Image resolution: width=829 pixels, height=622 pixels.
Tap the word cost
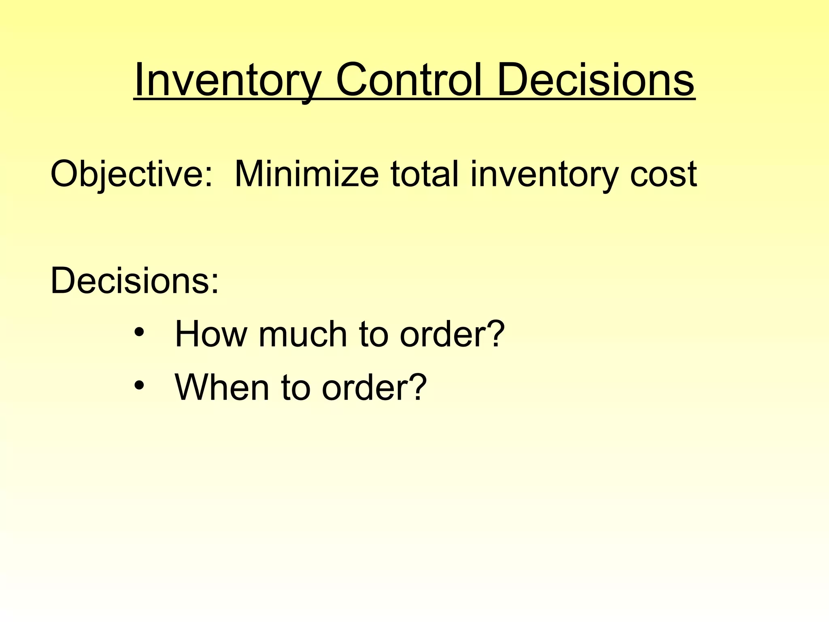pyautogui.click(x=663, y=174)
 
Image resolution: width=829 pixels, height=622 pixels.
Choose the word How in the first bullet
pyautogui.click(x=210, y=334)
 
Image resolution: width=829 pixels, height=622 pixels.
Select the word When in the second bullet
pyautogui.click(x=222, y=388)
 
